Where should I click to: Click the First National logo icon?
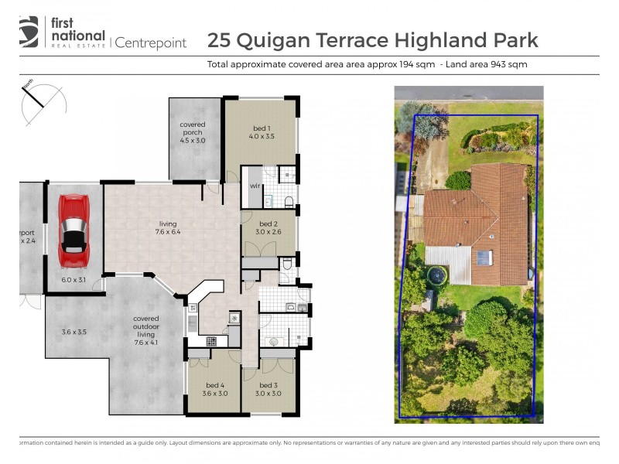tap(29, 32)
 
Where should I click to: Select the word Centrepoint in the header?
tap(150, 43)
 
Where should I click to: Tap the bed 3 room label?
tap(268, 389)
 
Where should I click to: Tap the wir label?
tap(254, 186)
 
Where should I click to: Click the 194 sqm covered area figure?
tap(416, 64)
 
